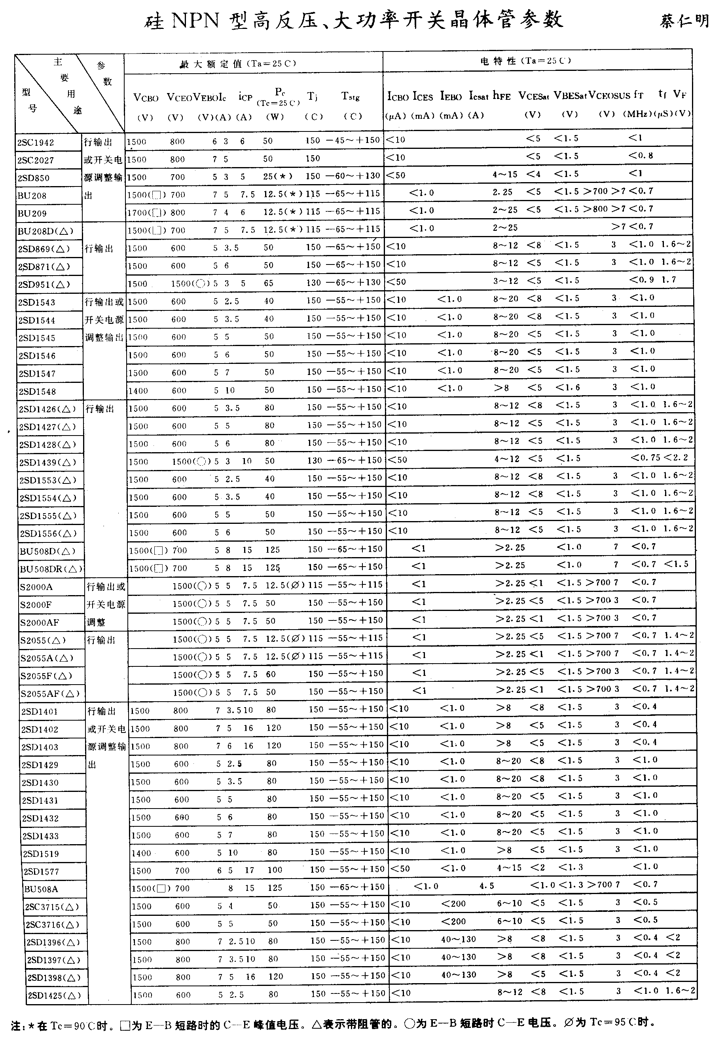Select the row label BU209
32,214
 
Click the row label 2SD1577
41,871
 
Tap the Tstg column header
351,96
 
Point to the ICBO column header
397,96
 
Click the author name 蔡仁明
684,21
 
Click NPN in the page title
195,21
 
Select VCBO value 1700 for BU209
136,212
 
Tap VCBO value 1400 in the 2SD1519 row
141,853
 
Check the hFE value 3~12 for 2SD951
505,281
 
